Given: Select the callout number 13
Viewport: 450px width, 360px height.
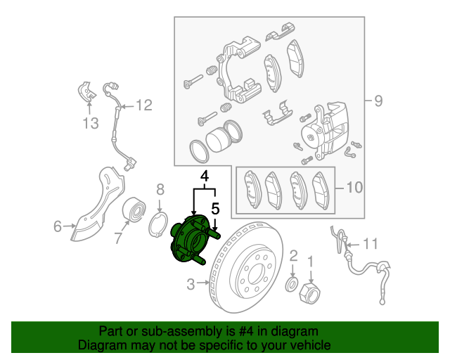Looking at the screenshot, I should click(x=89, y=124).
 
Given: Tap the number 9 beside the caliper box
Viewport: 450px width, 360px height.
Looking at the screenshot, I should click(x=378, y=101).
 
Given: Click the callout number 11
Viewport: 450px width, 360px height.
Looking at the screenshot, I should click(x=370, y=244).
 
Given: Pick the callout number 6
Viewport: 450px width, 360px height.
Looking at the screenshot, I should click(x=58, y=226).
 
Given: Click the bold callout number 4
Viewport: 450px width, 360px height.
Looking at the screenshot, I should click(x=205, y=176).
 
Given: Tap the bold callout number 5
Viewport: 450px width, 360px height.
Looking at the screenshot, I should click(x=216, y=209).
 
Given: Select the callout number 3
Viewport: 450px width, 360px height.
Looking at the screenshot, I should click(x=191, y=285).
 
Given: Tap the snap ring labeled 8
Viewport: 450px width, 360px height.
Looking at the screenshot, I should click(x=161, y=226).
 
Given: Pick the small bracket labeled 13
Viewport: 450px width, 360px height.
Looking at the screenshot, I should click(x=86, y=93).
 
